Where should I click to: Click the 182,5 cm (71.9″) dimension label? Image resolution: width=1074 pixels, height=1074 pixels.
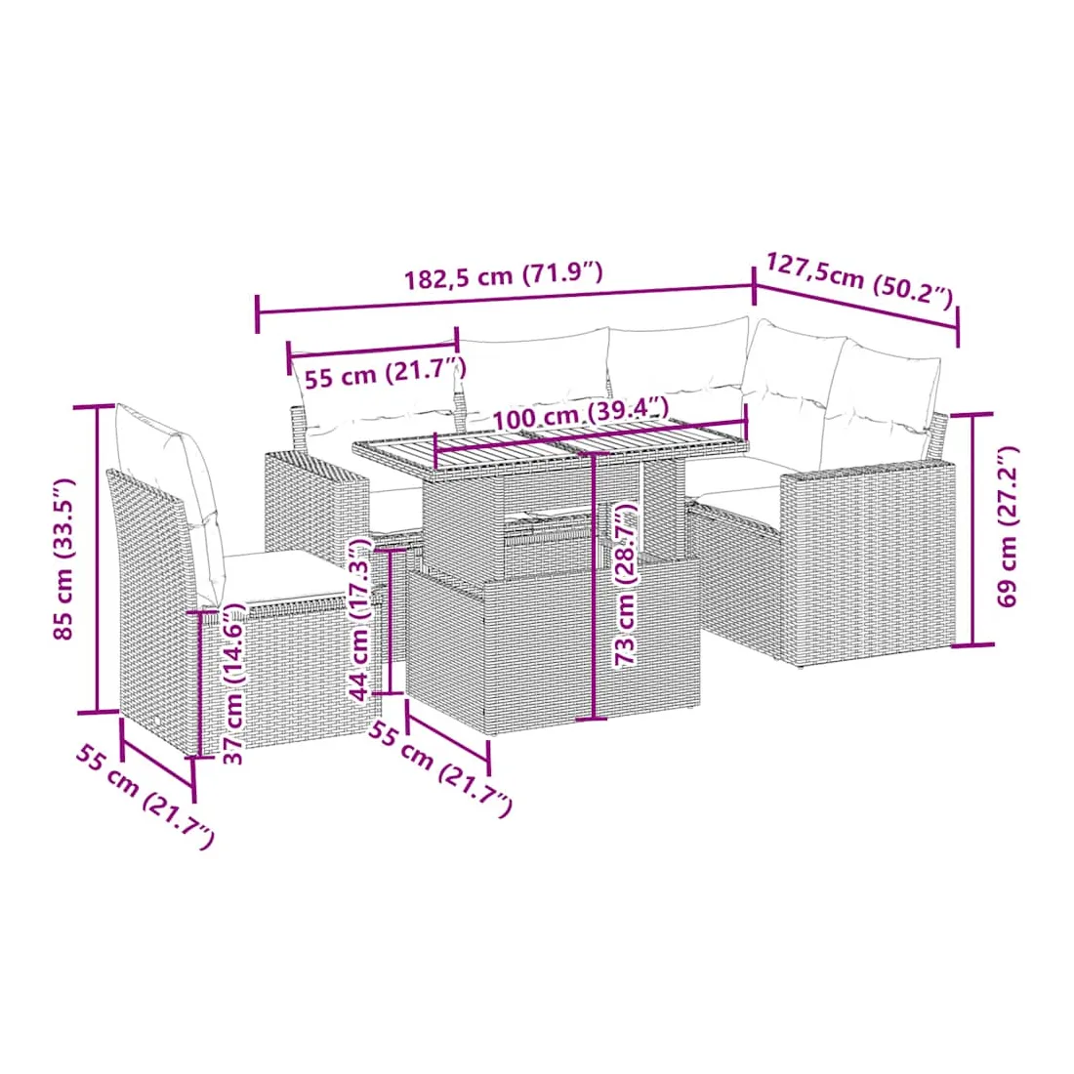504,276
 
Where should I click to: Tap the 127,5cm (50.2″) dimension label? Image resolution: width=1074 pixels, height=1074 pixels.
859,279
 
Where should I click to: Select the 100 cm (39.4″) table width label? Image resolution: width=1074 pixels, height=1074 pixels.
580,413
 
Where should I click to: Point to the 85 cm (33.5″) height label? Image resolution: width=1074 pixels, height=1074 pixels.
63,558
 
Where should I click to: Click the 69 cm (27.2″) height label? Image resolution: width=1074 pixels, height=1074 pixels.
1007,526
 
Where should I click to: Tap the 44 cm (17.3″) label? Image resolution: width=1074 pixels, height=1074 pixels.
360,620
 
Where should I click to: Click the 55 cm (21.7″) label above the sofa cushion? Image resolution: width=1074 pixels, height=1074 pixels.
385,372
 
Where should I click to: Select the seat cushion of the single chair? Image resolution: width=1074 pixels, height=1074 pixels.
281,577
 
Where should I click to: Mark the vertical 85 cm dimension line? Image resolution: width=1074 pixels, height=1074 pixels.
98,558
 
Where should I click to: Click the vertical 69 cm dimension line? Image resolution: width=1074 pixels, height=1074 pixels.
973,529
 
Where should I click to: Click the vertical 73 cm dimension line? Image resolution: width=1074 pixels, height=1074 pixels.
593,586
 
